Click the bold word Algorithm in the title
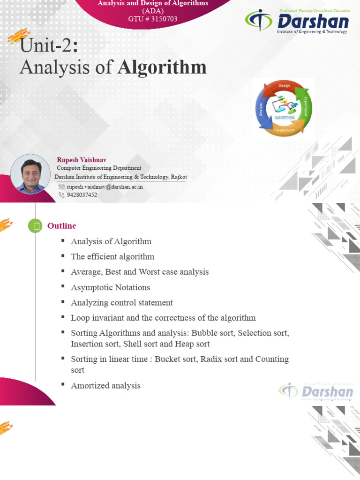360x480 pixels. (162, 67)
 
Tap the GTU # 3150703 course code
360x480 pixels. (153, 19)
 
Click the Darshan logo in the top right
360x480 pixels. (297, 22)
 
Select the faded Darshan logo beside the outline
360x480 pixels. (316, 391)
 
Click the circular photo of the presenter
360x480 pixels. (30, 174)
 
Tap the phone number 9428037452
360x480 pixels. (82, 195)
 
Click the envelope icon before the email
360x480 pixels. (61, 187)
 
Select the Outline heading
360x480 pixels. (61, 226)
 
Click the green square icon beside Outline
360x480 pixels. (35, 226)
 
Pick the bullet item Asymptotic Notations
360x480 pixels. (110, 287)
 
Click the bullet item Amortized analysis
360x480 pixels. (105, 386)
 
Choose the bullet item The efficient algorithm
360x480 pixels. (112, 257)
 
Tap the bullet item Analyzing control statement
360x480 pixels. (122, 303)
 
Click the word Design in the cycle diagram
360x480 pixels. (285, 85)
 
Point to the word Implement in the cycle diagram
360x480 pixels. (285, 130)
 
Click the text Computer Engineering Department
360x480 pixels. (99, 168)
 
